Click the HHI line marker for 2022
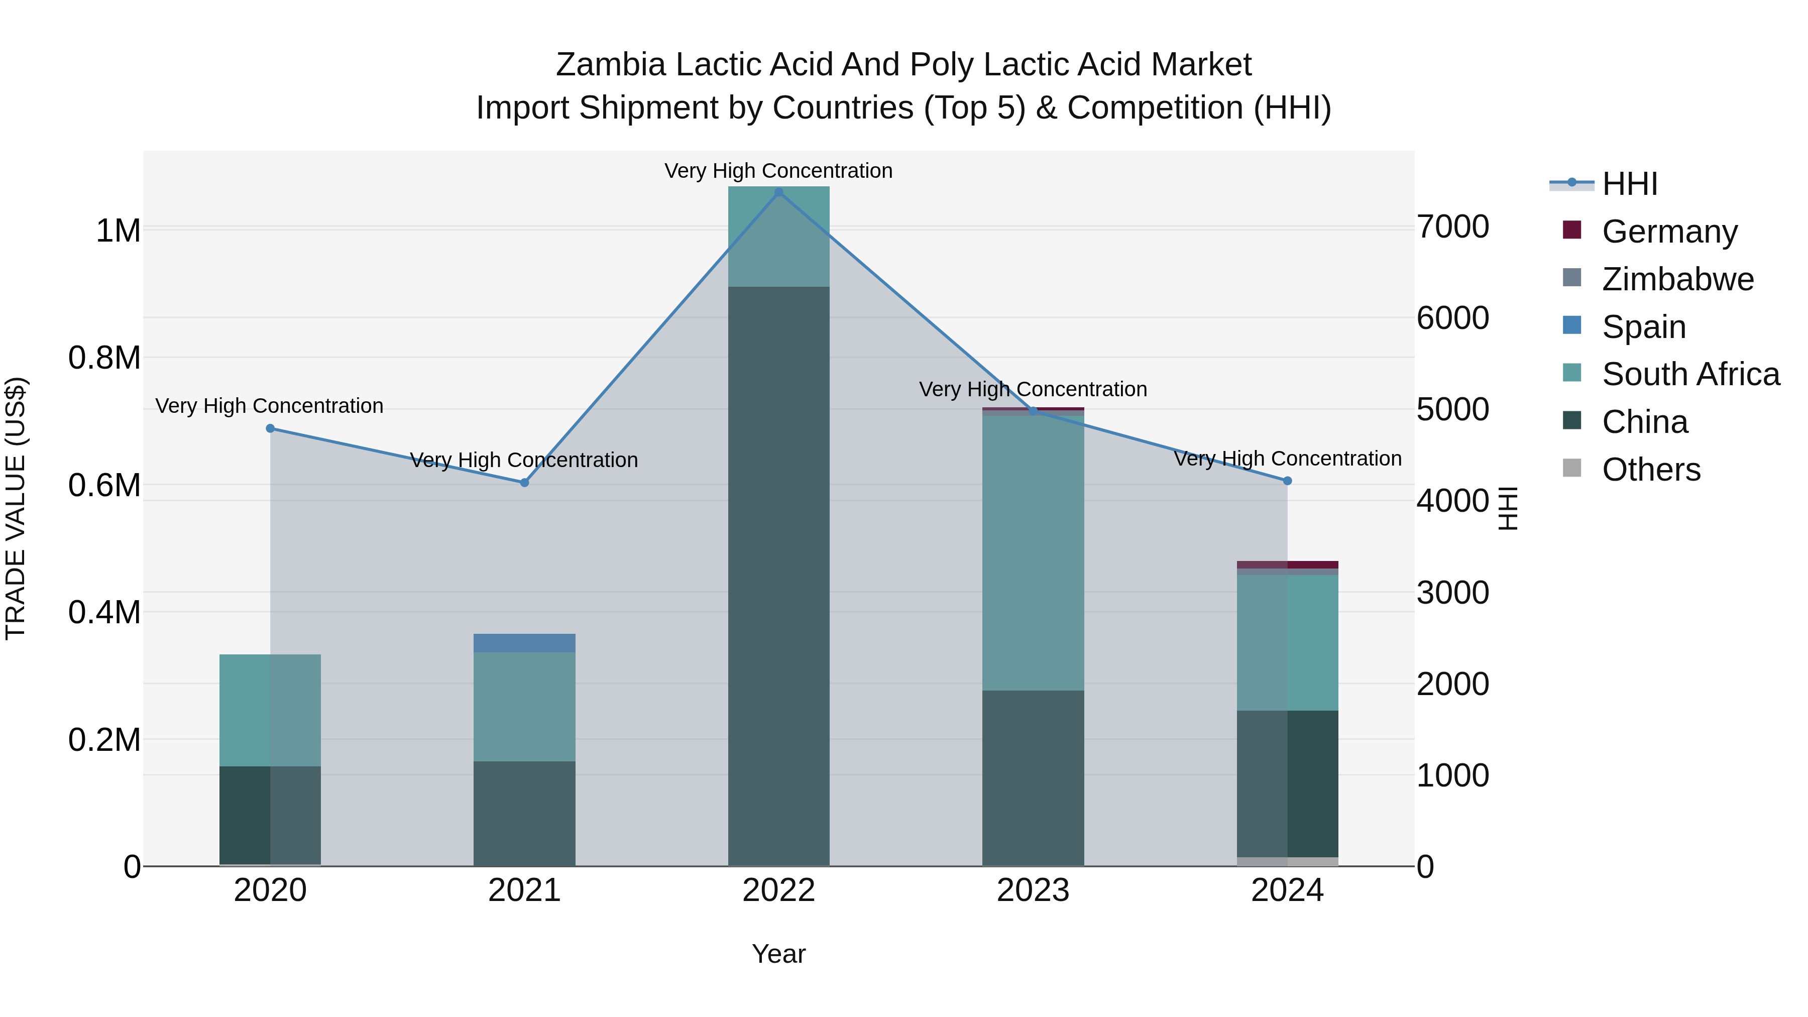(778, 192)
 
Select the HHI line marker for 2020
(270, 428)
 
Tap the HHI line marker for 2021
(524, 482)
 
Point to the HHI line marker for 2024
(1287, 481)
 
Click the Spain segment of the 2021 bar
(524, 643)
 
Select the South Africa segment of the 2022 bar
(778, 237)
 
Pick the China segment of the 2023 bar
(1033, 777)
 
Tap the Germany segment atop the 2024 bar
(1287, 564)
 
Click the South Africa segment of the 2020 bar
(270, 710)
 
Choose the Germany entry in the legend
(1670, 231)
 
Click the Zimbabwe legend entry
(1677, 279)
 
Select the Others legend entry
(1651, 469)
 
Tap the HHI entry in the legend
(1630, 183)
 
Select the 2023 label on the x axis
(1033, 890)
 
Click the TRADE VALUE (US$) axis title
(16, 508)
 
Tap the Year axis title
(778, 954)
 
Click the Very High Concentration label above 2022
(778, 171)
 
